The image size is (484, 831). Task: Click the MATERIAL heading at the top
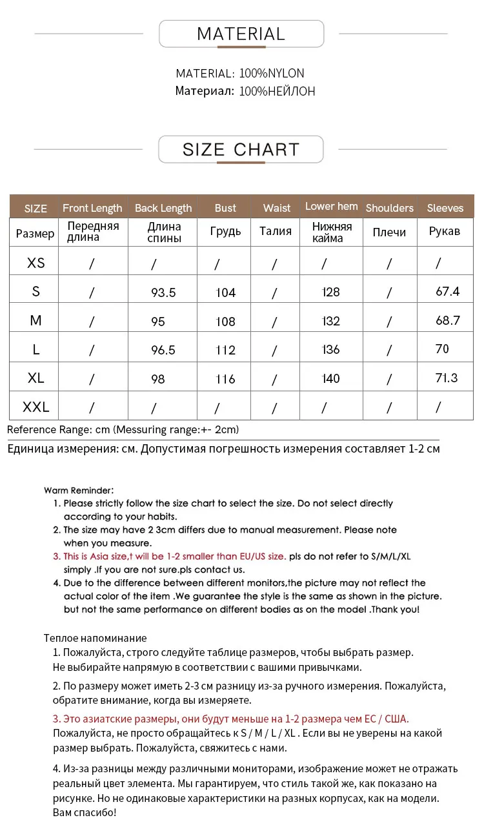[x=241, y=34]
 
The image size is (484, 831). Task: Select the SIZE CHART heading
[x=241, y=150]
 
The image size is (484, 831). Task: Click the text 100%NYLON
[x=272, y=74]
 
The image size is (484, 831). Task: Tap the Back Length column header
[x=163, y=208]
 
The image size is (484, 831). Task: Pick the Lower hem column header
[x=331, y=207]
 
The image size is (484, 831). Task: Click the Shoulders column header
[x=389, y=208]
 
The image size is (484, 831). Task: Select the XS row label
[x=36, y=263]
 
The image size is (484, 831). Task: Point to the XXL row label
[x=36, y=407]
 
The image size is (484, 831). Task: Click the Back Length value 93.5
[x=163, y=292]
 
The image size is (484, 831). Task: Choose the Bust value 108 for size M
[x=226, y=322]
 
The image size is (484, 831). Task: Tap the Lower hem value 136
[x=331, y=350]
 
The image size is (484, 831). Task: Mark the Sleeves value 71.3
[x=447, y=378]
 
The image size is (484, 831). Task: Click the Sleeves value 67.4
[x=447, y=292]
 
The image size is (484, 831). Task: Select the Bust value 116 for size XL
[x=226, y=379]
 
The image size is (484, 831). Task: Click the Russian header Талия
[x=276, y=231]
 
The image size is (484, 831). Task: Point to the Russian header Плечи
[x=389, y=232]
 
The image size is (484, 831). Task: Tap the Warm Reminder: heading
[x=79, y=491]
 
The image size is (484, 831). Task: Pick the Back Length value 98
[x=158, y=379]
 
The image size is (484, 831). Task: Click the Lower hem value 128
[x=331, y=292]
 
